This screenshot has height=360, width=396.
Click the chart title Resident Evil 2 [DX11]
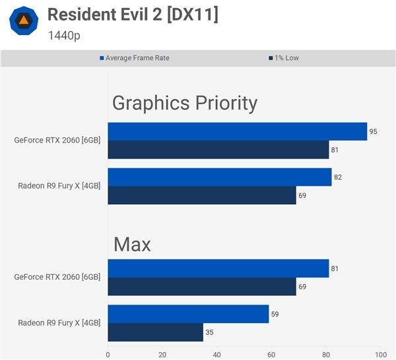click(133, 15)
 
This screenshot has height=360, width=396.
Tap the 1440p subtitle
click(64, 35)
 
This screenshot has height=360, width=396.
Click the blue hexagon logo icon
click(23, 21)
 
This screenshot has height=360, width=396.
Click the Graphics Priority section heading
click(185, 103)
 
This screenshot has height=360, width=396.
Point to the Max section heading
click(132, 244)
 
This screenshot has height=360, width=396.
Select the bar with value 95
click(238, 131)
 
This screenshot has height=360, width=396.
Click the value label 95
click(373, 131)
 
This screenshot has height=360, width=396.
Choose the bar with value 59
click(188, 314)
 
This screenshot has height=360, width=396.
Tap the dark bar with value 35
click(156, 332)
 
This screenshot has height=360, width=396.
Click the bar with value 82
click(219, 177)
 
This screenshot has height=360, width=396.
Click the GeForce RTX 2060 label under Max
click(57, 277)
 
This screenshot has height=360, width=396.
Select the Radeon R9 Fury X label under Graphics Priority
click(59, 186)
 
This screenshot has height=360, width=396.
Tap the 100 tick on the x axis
click(379, 353)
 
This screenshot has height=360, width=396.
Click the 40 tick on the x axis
click(216, 353)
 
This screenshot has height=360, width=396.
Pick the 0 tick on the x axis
click(108, 353)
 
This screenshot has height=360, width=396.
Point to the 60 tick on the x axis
click(271, 353)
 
